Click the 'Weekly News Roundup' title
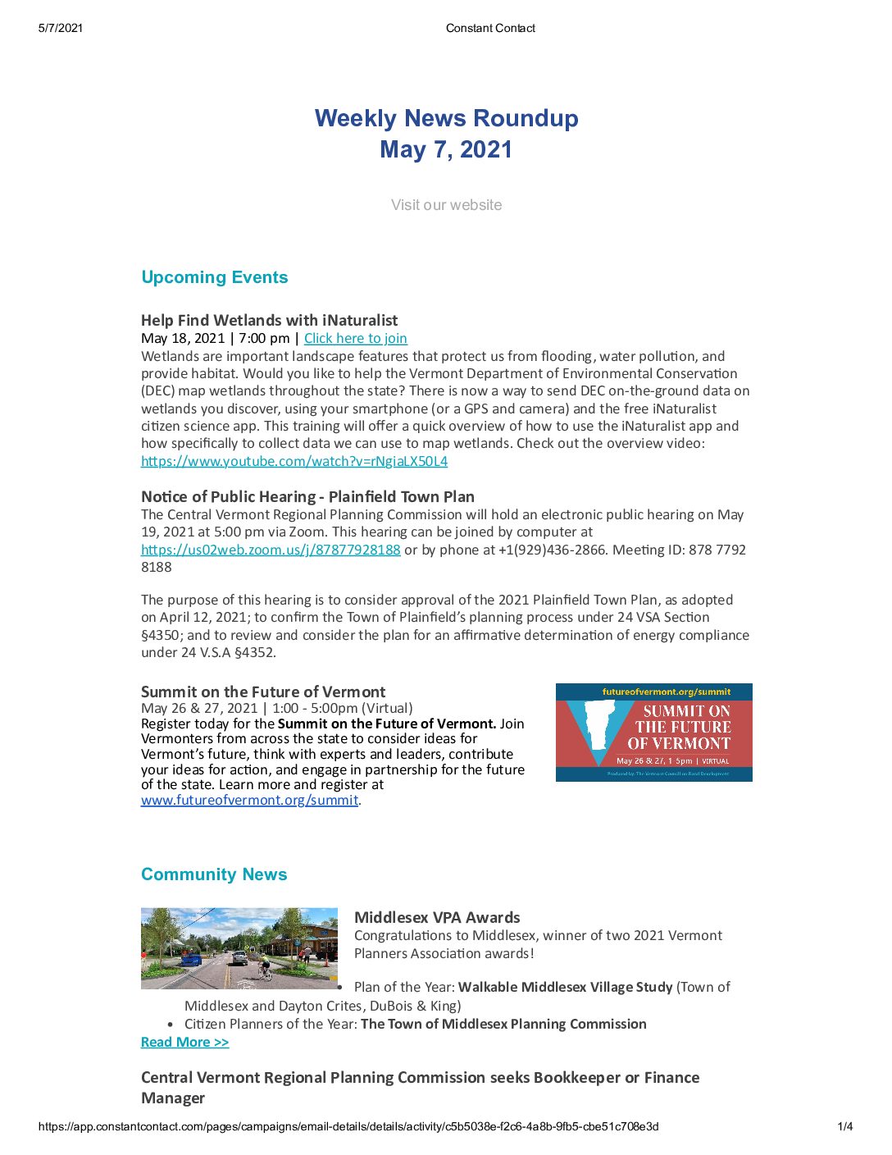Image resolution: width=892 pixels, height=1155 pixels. pyautogui.click(x=446, y=118)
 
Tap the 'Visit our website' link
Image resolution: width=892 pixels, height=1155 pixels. pyautogui.click(x=446, y=205)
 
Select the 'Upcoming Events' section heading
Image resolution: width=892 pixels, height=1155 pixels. pyautogui.click(x=214, y=277)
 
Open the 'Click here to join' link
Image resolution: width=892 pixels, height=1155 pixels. pyautogui.click(x=355, y=338)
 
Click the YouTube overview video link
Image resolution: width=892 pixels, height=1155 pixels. pyautogui.click(x=294, y=461)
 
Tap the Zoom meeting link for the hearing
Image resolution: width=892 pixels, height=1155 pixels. pyautogui.click(x=271, y=550)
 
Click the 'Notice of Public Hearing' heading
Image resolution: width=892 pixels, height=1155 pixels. pyautogui.click(x=307, y=496)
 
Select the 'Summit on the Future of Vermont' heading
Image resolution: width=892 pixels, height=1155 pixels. pyautogui.click(x=262, y=692)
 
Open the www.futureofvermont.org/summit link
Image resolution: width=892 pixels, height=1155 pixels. pyautogui.click(x=249, y=800)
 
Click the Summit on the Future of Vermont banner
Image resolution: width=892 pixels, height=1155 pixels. pyautogui.click(x=653, y=732)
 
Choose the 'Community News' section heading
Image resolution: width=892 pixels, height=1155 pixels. pyautogui.click(x=213, y=874)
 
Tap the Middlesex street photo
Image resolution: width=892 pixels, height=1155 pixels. pyautogui.click(x=239, y=947)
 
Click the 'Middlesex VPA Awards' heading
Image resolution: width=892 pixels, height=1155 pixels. pyautogui.click(x=437, y=917)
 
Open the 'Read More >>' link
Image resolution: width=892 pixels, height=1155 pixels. pyautogui.click(x=184, y=1042)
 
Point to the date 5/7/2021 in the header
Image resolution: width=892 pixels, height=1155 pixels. pyautogui.click(x=61, y=28)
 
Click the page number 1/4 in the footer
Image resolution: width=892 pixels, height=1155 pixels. pyautogui.click(x=844, y=1126)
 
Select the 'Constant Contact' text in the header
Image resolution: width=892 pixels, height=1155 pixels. pyautogui.click(x=490, y=28)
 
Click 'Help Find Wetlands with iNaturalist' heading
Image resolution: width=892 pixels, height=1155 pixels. pyautogui.click(x=269, y=320)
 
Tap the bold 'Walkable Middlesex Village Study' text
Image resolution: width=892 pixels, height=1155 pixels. pyautogui.click(x=565, y=987)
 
